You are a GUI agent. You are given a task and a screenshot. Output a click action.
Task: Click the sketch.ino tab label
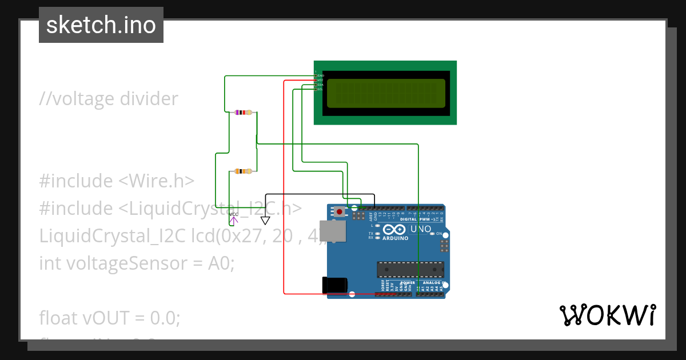[101, 25]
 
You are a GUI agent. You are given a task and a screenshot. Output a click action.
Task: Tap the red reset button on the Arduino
[340, 212]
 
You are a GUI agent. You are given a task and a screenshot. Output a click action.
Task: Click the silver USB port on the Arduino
[332, 231]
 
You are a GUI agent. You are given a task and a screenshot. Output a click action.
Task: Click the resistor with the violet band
[244, 113]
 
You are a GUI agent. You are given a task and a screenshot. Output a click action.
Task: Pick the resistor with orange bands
[244, 171]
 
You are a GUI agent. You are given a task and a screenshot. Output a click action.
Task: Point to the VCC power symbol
[233, 217]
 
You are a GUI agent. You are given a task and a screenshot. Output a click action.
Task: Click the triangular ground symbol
[265, 220]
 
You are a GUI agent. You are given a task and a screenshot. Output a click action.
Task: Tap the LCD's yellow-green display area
[385, 93]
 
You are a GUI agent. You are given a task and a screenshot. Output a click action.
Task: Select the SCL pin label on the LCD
[320, 89]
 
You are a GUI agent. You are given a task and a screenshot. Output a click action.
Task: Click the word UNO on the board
[422, 229]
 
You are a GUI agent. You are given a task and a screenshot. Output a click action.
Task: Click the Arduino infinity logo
[392, 230]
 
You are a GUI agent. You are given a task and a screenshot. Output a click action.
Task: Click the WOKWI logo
[607, 315]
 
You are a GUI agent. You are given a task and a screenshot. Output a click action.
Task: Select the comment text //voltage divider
[109, 99]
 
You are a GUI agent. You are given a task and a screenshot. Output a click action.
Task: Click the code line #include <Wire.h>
[117, 181]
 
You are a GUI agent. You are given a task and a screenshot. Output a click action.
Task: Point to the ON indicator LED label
[439, 234]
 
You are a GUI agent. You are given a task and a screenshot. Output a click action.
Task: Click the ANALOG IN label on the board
[432, 282]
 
